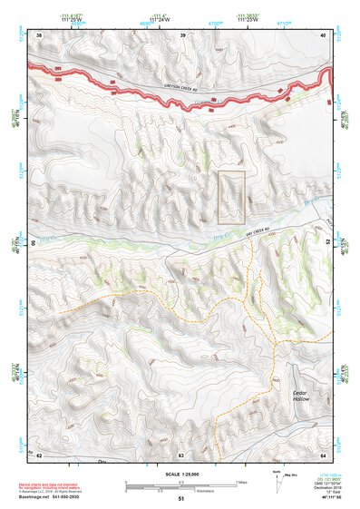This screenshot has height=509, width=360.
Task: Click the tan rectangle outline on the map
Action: [232, 197]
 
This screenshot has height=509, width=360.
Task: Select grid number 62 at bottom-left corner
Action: [39, 454]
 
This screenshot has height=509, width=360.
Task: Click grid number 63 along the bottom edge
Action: [181, 454]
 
